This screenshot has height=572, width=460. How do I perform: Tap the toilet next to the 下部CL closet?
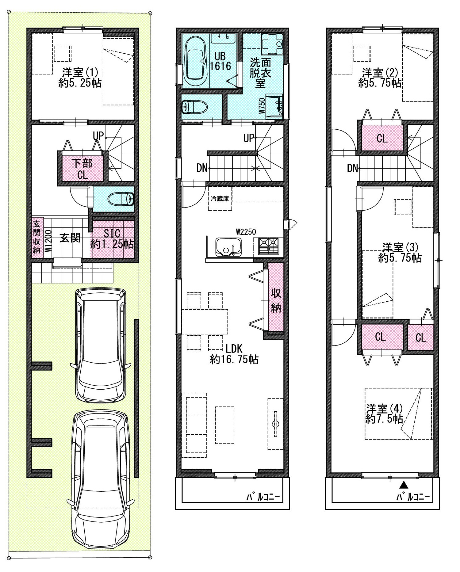click(x=121, y=199)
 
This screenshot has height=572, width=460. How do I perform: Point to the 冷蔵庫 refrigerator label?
click(x=220, y=199)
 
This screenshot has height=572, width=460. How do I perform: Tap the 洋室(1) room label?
click(x=80, y=73)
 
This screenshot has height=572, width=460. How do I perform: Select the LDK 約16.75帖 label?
click(x=234, y=354)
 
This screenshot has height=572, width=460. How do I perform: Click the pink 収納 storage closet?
click(x=276, y=296)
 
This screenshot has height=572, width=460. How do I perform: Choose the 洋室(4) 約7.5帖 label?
click(x=384, y=414)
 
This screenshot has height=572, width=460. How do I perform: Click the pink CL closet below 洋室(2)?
click(x=382, y=138)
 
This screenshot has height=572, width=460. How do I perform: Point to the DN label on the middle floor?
click(x=202, y=168)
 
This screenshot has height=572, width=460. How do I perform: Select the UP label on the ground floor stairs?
click(x=98, y=135)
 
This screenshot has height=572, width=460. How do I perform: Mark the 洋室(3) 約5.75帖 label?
click(x=400, y=252)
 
